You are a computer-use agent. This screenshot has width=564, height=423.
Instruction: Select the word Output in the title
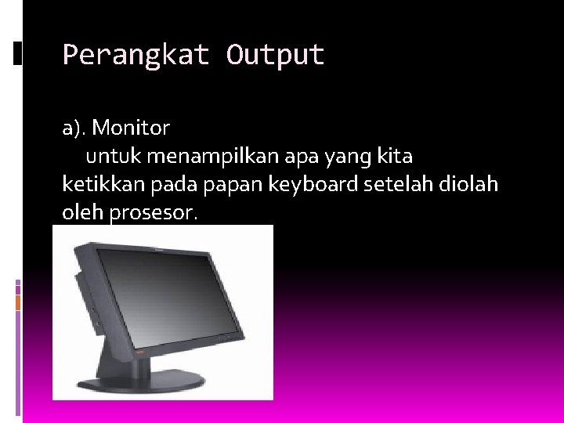point(275,56)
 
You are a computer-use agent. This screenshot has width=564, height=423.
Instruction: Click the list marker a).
point(77,127)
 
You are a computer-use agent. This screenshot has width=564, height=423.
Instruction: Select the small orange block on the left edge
point(18,301)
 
